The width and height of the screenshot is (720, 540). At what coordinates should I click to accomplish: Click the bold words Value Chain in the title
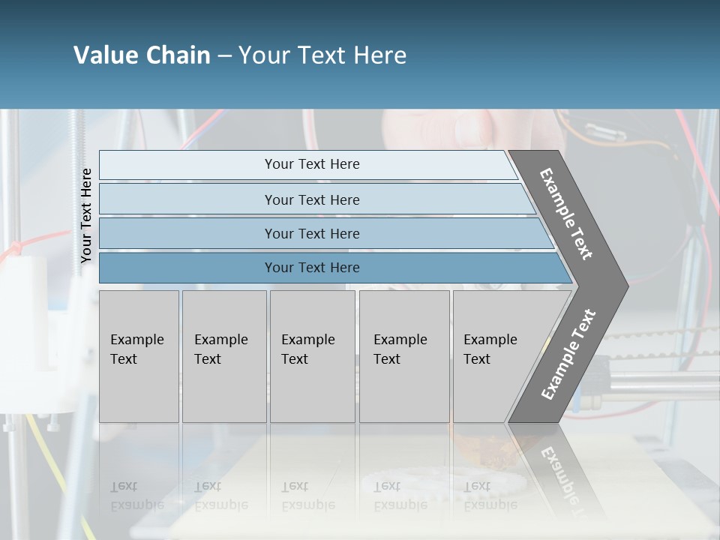click(142, 55)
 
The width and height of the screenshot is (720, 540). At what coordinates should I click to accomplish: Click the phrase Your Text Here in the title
click(322, 55)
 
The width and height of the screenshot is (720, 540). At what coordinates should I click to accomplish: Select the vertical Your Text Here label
click(86, 215)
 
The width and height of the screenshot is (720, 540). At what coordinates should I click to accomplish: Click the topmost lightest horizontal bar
click(312, 164)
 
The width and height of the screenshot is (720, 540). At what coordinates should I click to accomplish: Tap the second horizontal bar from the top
click(312, 199)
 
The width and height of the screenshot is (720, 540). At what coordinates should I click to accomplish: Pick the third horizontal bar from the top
click(312, 233)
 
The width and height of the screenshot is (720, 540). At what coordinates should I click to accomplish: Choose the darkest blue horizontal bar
click(312, 268)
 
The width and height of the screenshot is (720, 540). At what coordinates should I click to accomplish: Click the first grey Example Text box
click(139, 356)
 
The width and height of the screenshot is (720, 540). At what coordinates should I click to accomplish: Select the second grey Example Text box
click(224, 356)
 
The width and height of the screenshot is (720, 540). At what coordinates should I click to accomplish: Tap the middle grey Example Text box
click(312, 356)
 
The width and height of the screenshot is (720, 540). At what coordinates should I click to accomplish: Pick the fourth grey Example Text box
click(404, 356)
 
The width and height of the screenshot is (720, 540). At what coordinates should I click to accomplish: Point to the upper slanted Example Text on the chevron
click(566, 214)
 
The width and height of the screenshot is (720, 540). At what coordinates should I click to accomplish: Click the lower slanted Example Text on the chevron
click(568, 354)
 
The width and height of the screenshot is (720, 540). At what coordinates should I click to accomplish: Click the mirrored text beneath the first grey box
click(136, 496)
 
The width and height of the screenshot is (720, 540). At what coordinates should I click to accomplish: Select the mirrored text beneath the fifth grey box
click(490, 496)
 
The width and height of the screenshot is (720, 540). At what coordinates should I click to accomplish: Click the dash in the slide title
click(224, 55)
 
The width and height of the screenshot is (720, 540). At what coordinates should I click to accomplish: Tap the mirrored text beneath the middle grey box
click(307, 496)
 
